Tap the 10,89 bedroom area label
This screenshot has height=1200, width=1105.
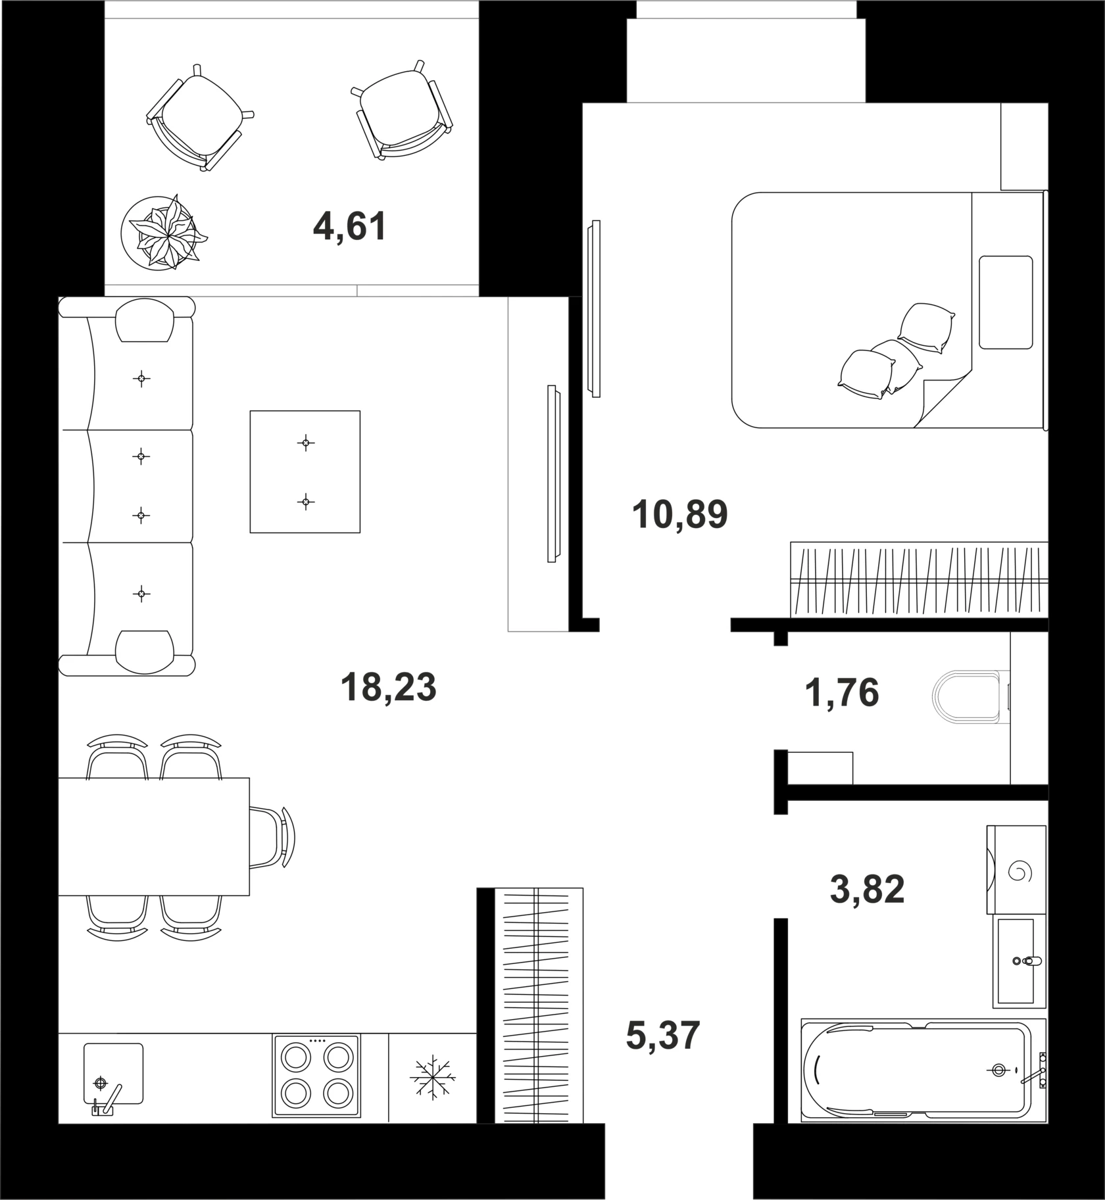coord(679,514)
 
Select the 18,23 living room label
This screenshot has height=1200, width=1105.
coord(388,688)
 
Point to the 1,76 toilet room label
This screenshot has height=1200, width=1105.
coord(841,692)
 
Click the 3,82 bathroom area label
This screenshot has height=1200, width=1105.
coord(867,890)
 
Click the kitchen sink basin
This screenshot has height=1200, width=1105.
coord(113,1073)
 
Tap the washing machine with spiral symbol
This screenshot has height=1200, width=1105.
coord(1016,869)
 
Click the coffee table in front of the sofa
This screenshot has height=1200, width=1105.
coord(305,471)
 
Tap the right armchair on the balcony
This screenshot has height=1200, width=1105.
coord(402,110)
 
